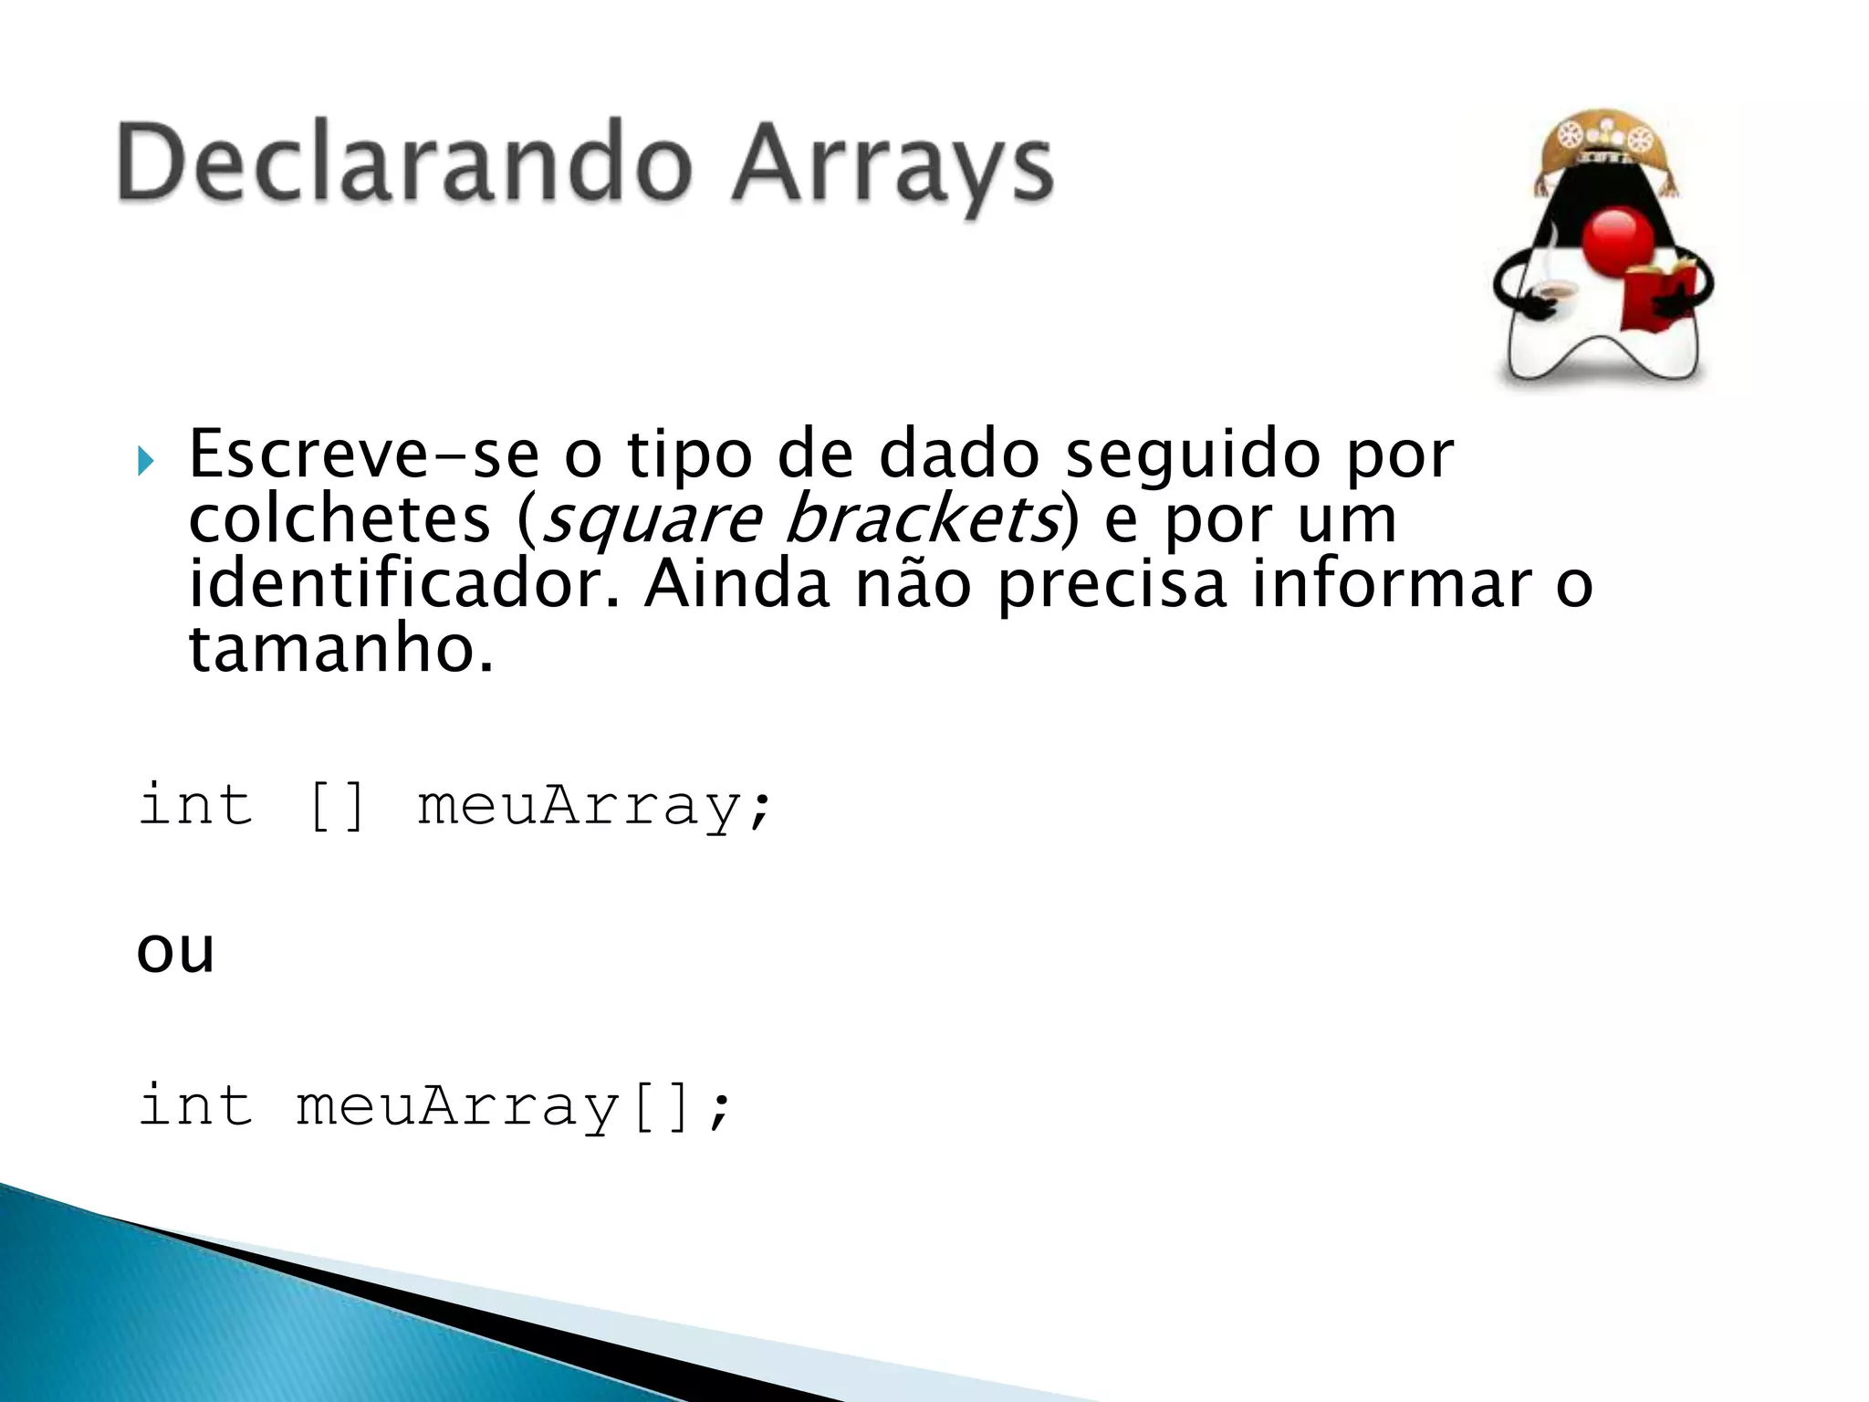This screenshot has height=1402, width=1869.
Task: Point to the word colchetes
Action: (339, 520)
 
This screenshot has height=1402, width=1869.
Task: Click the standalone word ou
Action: (175, 952)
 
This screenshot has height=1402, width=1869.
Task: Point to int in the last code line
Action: (195, 1106)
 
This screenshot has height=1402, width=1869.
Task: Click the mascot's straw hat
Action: (1605, 146)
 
